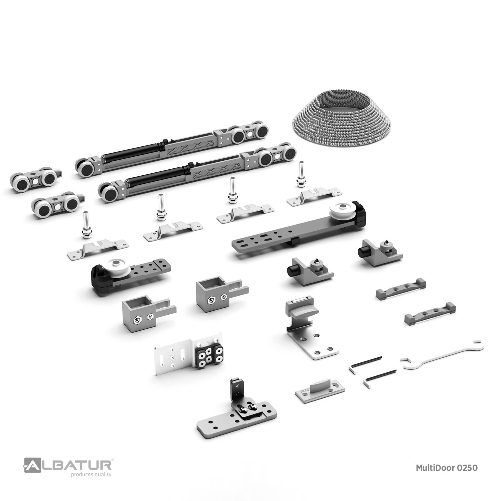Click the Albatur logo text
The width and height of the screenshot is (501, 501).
tap(68, 465)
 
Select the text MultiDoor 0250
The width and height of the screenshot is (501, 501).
tap(447, 468)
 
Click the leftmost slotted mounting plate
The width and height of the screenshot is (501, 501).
tap(98, 248)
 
